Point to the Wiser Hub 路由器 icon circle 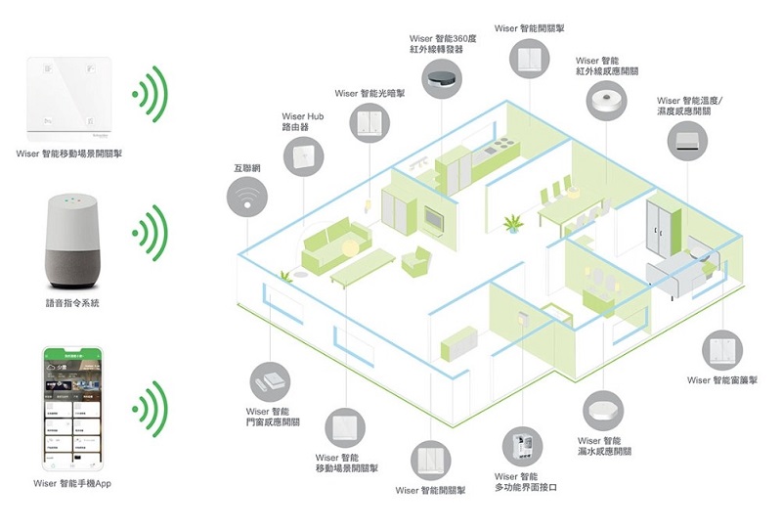pyautogui.click(x=304, y=156)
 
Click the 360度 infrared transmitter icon pyautogui.click(x=445, y=78)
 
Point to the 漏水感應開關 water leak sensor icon pyautogui.click(x=602, y=411)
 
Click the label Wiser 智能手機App pyautogui.click(x=73, y=483)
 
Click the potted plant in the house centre pyautogui.click(x=512, y=224)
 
